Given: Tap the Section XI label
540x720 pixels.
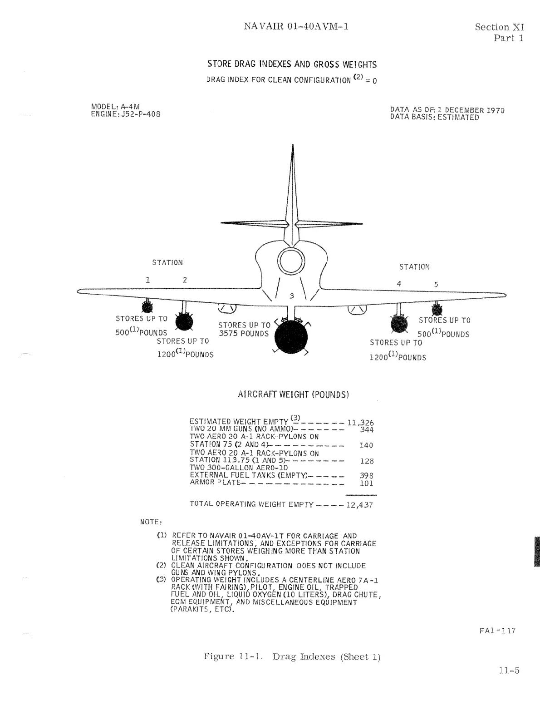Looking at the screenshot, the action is [x=499, y=27].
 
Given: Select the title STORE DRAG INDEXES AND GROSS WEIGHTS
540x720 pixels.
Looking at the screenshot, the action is [x=292, y=64].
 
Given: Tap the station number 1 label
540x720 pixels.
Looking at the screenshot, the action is [x=147, y=280].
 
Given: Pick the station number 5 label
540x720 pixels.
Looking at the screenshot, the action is [x=436, y=285].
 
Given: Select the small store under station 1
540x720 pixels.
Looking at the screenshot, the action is [x=147, y=307].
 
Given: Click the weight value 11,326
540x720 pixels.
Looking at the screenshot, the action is [x=360, y=423].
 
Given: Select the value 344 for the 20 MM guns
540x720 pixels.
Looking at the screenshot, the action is [x=366, y=430].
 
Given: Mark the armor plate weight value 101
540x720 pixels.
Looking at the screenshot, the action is [x=366, y=483].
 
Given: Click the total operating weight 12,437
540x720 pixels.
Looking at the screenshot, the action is [x=359, y=505].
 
